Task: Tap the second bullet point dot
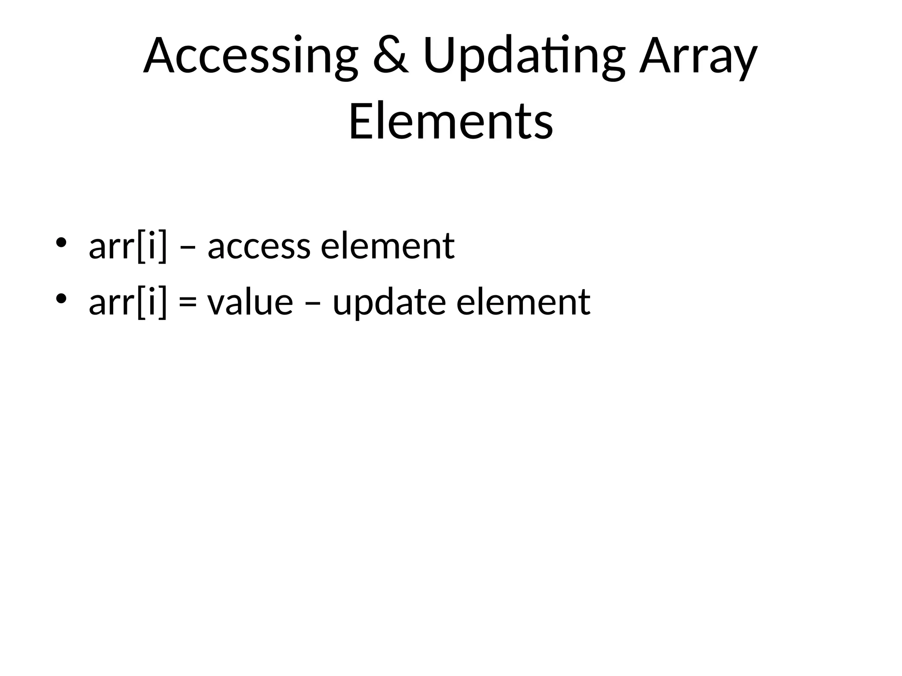(x=61, y=299)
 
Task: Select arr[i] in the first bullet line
(x=128, y=246)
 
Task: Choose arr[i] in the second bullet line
(x=128, y=303)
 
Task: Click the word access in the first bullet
(x=259, y=247)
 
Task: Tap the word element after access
(x=388, y=246)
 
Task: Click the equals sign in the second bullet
(x=188, y=304)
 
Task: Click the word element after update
(x=523, y=303)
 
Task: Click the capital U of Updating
(x=441, y=56)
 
